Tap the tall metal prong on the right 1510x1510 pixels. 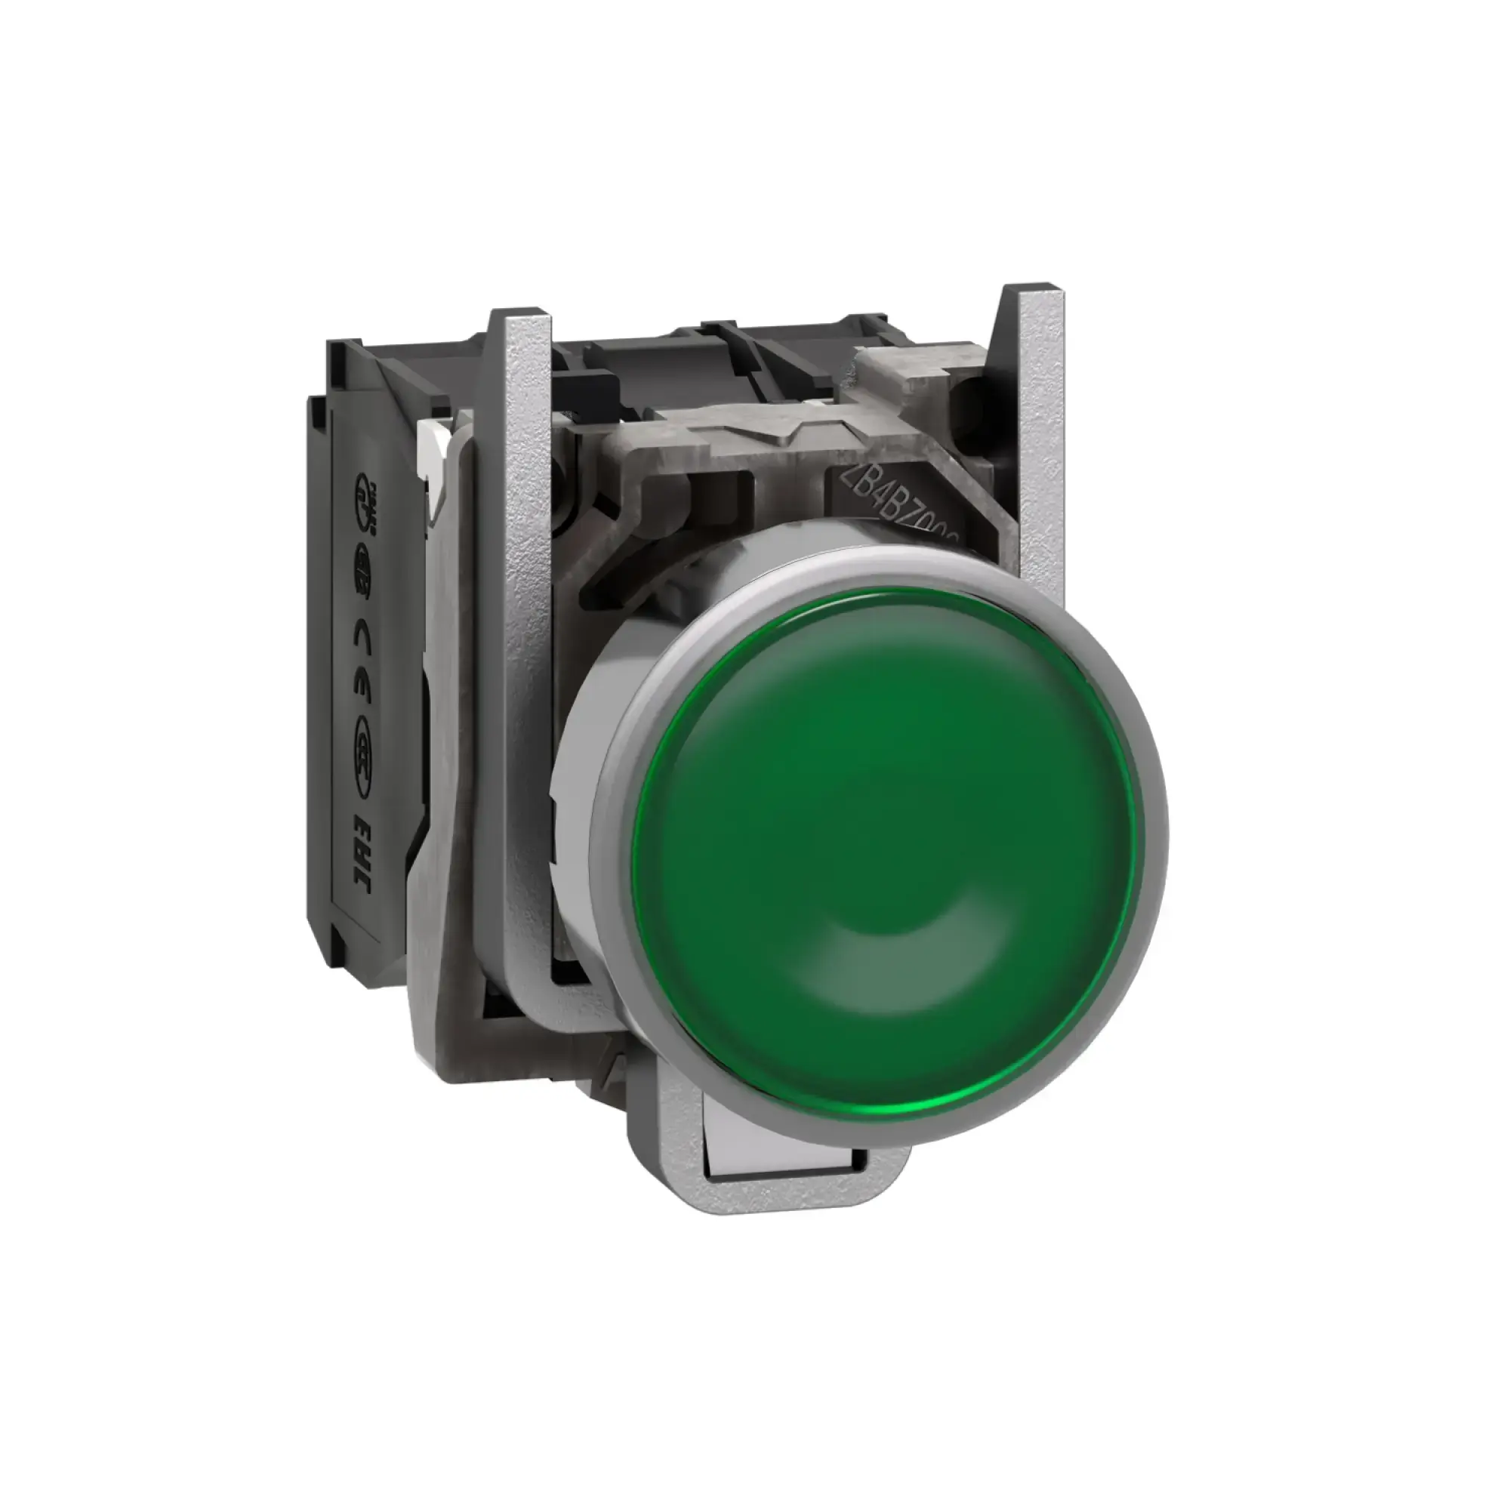click(1040, 438)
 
